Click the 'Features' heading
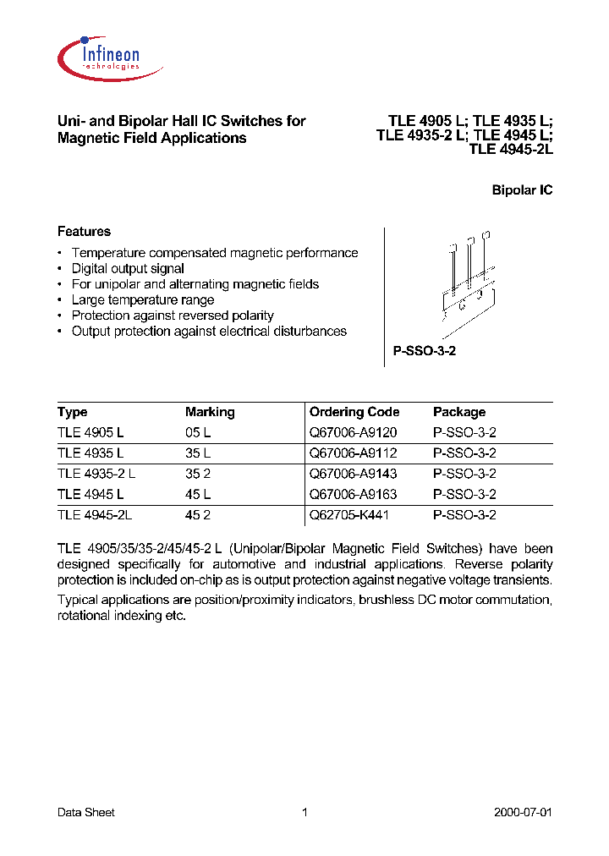tap(84, 231)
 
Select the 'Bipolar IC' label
tap(522, 190)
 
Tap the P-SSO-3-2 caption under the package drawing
tap(425, 350)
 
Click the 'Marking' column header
tap(210, 412)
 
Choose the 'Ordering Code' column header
tap(354, 412)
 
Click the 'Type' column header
tap(72, 412)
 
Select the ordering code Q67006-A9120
tap(353, 432)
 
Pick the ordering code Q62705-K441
tap(349, 514)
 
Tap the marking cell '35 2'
tap(198, 474)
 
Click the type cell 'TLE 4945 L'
tap(91, 494)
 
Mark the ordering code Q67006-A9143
tap(353, 474)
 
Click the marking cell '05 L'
tap(198, 432)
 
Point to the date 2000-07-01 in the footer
tap(523, 812)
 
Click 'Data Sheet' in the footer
tap(85, 812)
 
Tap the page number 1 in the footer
tap(304, 812)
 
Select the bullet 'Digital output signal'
tap(128, 268)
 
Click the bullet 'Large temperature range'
tap(142, 299)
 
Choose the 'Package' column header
tap(459, 412)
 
